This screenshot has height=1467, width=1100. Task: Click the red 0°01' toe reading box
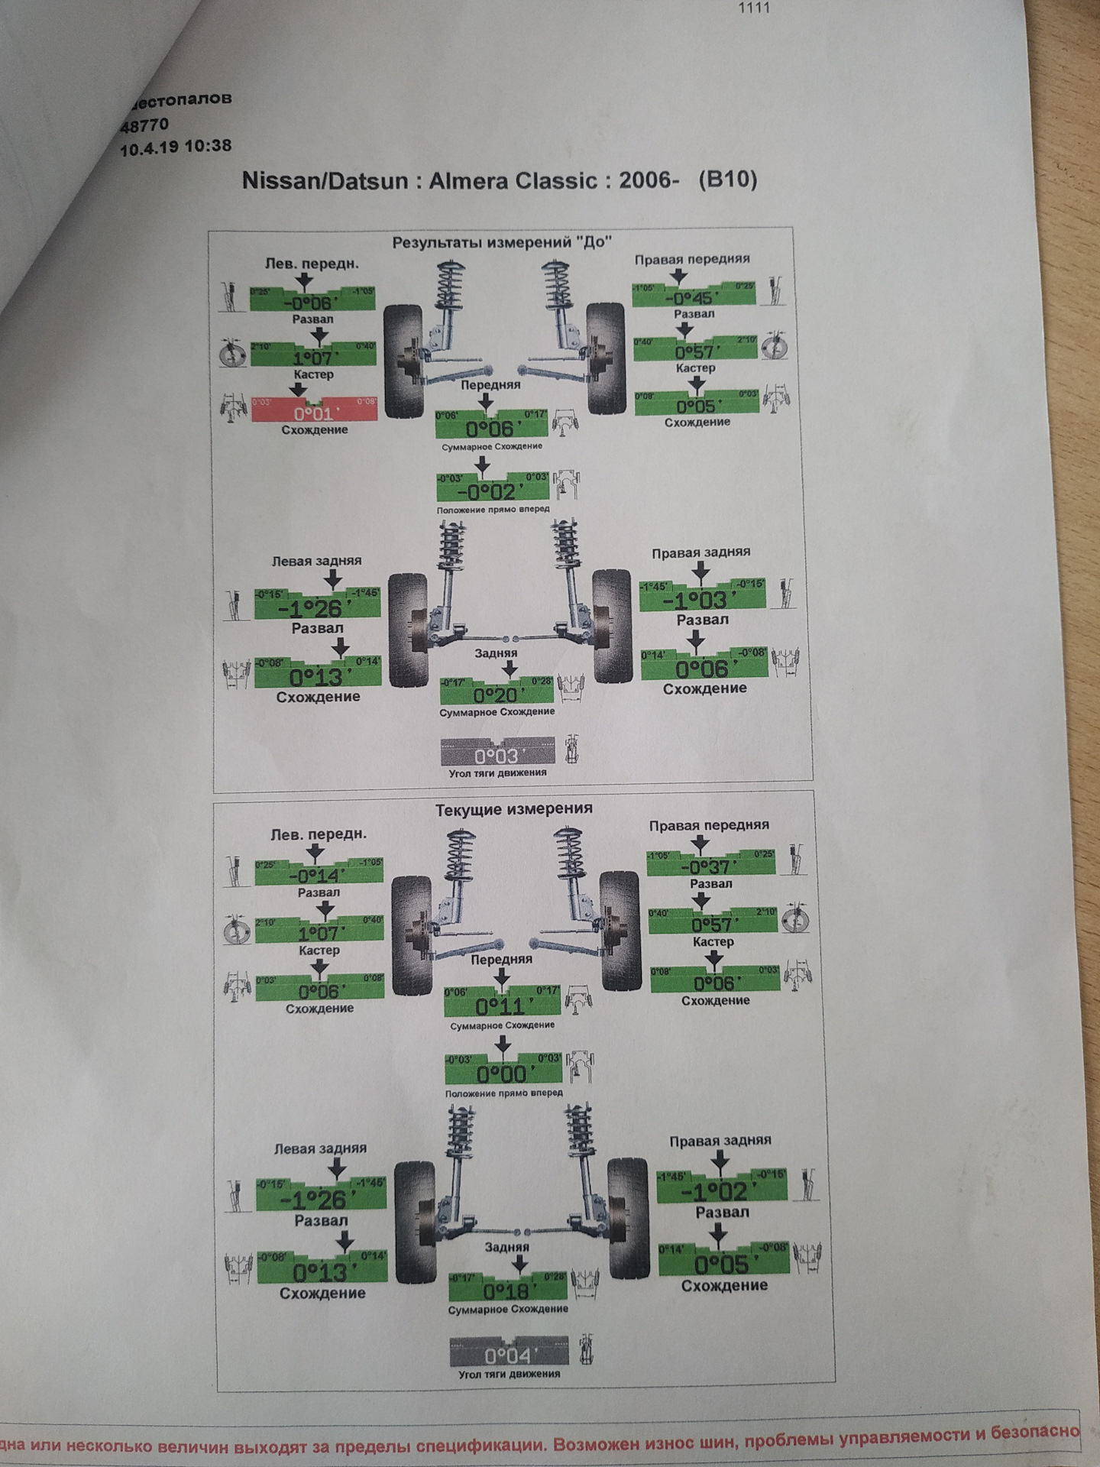click(315, 413)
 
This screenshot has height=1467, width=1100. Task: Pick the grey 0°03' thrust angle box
click(497, 756)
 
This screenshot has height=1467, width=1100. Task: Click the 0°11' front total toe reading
click(502, 1006)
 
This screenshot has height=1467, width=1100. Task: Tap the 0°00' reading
click(503, 1074)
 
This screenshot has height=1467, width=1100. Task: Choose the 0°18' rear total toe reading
click(508, 1291)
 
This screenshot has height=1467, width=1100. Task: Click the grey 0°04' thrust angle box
click(509, 1355)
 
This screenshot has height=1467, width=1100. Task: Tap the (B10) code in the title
click(727, 180)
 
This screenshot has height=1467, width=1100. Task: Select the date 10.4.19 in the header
click(150, 148)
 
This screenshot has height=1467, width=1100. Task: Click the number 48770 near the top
click(144, 125)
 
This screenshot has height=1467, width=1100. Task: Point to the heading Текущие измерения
click(513, 808)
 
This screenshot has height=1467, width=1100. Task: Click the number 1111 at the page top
click(753, 8)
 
